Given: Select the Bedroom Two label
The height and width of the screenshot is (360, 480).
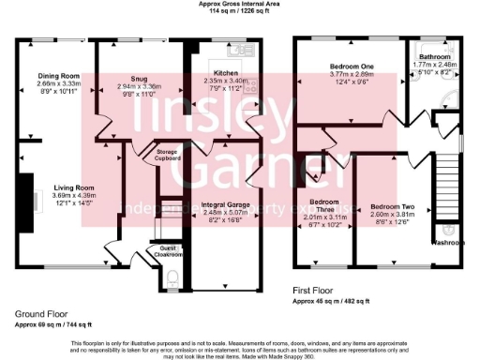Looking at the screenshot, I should click(392, 205).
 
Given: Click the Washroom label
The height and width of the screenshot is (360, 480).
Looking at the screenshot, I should click(448, 242).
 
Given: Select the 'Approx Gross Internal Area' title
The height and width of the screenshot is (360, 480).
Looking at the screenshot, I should click(238, 5).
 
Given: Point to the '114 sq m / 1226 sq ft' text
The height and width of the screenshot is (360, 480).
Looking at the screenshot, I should click(238, 12).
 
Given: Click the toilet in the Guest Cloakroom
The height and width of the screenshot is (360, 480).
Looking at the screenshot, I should click(171, 277).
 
